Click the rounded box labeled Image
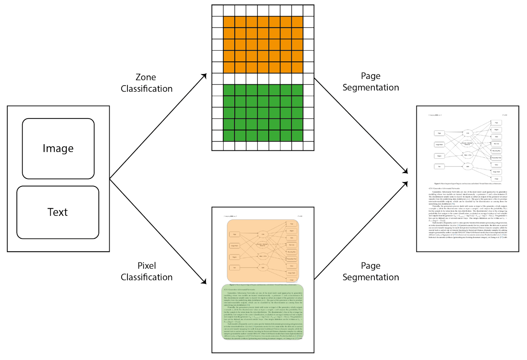pyautogui.click(x=58, y=149)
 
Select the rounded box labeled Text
pyautogui.click(x=58, y=212)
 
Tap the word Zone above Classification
pyautogui.click(x=146, y=77)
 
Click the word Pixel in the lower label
pyautogui.click(x=147, y=265)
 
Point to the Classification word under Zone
pyautogui.click(x=147, y=89)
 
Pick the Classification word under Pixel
pyautogui.click(x=147, y=277)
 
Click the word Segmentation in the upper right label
pyautogui.click(x=371, y=87)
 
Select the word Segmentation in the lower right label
pyautogui.click(x=371, y=277)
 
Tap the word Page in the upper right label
pyautogui.click(x=371, y=76)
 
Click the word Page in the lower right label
pyautogui.click(x=371, y=265)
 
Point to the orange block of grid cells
pyautogui.click(x=263, y=44)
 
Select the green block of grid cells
pyautogui.click(x=263, y=113)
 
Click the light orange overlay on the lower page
pyautogui.click(x=263, y=251)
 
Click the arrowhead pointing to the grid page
pyautogui.click(x=205, y=76)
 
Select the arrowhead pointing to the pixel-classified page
pyautogui.click(x=204, y=282)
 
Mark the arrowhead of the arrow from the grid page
pyautogui.click(x=406, y=171)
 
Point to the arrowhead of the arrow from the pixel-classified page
pyautogui.click(x=406, y=183)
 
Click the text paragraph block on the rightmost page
pyautogui.click(x=468, y=214)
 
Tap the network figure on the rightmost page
pyautogui.click(x=468, y=150)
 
